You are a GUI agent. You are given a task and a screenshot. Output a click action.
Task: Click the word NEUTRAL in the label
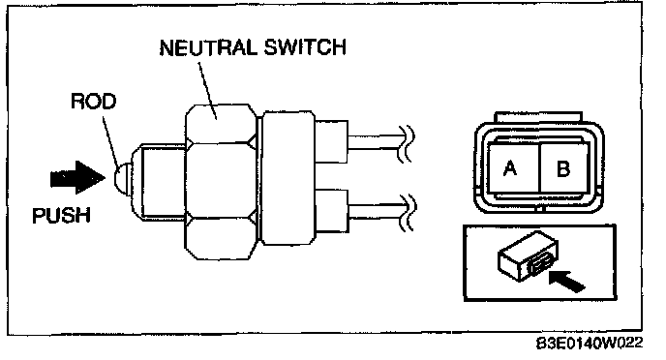pyautogui.click(x=208, y=47)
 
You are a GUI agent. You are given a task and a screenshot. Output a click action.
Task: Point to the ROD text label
pyautogui.click(x=94, y=101)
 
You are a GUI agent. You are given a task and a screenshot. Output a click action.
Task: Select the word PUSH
pyautogui.click(x=62, y=215)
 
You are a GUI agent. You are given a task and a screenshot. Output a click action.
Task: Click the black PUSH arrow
pyautogui.click(x=77, y=177)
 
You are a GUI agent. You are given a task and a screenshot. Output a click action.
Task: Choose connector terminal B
pyautogui.click(x=563, y=168)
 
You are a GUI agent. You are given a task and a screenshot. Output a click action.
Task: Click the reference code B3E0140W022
pyautogui.click(x=590, y=343)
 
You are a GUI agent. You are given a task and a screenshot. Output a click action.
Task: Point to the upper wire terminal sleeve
pyautogui.click(x=331, y=141)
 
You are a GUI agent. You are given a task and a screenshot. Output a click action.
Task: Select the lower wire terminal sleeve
pyautogui.click(x=331, y=211)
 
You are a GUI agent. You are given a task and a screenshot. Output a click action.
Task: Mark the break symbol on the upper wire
pyautogui.click(x=406, y=143)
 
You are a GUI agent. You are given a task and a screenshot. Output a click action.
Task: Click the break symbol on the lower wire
pyautogui.click(x=407, y=212)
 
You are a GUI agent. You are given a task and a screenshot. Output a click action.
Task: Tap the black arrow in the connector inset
pyautogui.click(x=567, y=281)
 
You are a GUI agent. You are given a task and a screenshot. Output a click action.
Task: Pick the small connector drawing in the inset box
pyautogui.click(x=528, y=255)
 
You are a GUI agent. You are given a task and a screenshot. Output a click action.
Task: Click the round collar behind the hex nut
pyautogui.click(x=288, y=178)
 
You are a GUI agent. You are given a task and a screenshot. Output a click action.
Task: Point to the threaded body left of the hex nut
pyautogui.click(x=163, y=180)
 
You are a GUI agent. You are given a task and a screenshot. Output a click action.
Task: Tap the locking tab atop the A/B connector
pyautogui.click(x=538, y=118)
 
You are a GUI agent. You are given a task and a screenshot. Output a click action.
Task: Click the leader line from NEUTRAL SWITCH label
pyautogui.click(x=208, y=90)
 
